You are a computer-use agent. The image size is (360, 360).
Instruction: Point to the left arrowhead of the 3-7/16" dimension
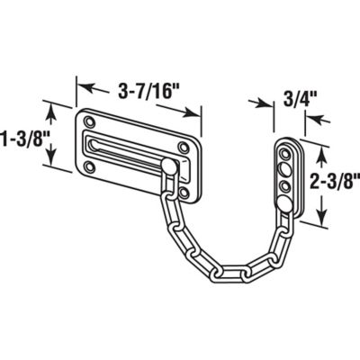click(x=80, y=86)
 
